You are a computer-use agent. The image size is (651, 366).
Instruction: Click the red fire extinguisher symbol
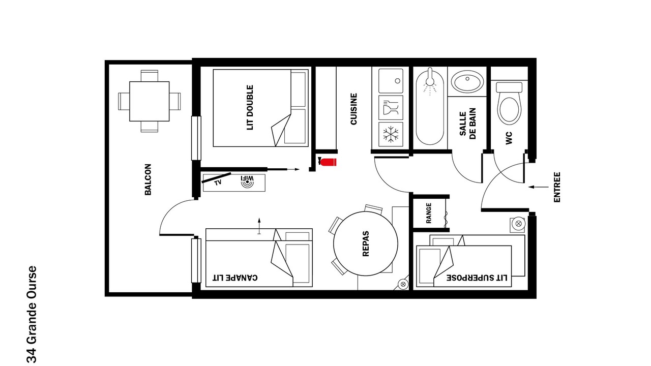click(x=328, y=162)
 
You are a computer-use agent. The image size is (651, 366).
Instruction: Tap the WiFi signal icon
click(x=247, y=182)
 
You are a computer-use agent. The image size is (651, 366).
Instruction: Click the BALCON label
click(x=148, y=179)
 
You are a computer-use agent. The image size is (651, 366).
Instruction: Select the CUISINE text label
click(x=353, y=109)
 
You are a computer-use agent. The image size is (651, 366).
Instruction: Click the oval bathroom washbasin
click(x=467, y=82)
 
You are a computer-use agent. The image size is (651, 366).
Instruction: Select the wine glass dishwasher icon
click(x=391, y=107)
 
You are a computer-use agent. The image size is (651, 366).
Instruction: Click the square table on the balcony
click(x=150, y=101)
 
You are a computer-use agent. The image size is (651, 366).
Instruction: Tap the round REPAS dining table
click(x=366, y=243)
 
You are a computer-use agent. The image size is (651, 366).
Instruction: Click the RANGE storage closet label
click(x=429, y=213)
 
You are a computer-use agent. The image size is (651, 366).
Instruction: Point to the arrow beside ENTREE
click(x=539, y=187)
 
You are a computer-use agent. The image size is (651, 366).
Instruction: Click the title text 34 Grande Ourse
click(x=32, y=314)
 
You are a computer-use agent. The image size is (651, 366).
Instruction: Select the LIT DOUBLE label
click(x=250, y=107)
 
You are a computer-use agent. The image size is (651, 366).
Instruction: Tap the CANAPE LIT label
click(x=235, y=278)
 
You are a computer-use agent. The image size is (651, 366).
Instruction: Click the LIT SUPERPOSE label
click(x=477, y=278)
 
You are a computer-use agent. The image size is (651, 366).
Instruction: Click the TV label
click(x=218, y=182)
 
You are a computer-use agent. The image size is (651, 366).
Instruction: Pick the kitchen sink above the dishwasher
click(x=391, y=81)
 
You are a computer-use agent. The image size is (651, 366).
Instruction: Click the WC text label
click(x=509, y=138)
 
